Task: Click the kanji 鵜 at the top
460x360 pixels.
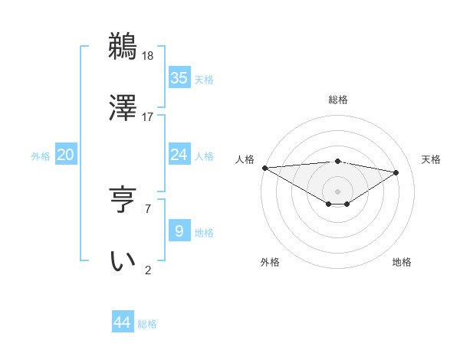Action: pos(123,47)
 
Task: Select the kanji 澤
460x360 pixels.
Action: pos(123,108)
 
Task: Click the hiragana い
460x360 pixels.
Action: pos(123,261)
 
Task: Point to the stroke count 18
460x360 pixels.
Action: pos(148,55)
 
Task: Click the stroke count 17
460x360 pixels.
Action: pos(148,116)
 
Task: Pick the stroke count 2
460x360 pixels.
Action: pos(147,270)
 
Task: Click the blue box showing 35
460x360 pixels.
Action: pos(179,78)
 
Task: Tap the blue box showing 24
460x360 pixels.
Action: pos(179,155)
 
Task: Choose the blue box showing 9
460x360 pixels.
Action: pos(179,231)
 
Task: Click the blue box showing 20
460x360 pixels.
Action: pos(65,155)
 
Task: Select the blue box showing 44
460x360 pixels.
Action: pos(123,322)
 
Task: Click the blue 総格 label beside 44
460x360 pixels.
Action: pos(147,324)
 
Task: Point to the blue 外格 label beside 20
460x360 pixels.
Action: pos(41,156)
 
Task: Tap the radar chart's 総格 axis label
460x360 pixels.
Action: pos(337,100)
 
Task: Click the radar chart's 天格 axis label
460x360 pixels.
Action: pos(431,159)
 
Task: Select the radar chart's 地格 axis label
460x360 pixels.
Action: pos(402,262)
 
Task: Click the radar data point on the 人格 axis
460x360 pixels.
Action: pos(264,168)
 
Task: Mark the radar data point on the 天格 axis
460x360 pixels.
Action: pos(396,172)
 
